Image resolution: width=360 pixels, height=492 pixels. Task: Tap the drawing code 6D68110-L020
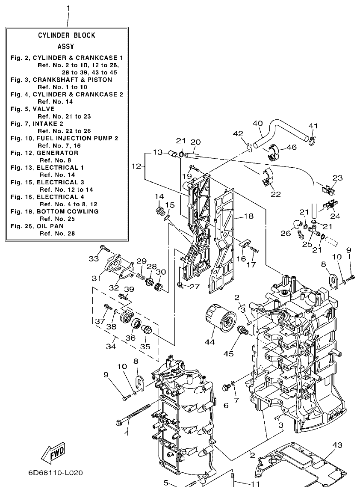point(56,474)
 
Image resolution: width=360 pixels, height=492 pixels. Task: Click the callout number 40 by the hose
point(257,124)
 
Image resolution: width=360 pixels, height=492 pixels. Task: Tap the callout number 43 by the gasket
point(337,445)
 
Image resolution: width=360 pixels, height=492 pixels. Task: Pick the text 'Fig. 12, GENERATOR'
point(44,153)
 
